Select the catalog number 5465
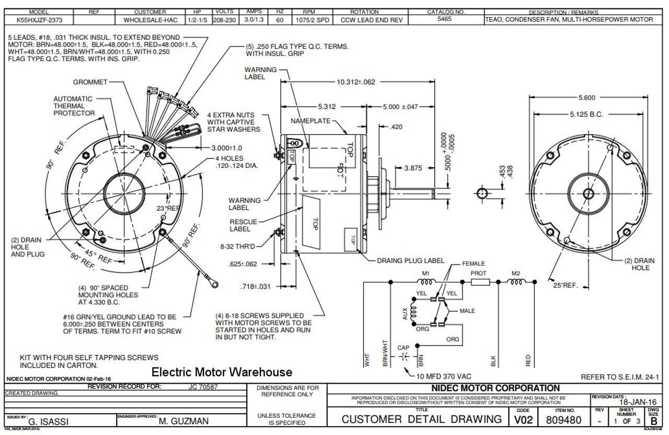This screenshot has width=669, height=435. (x=445, y=19)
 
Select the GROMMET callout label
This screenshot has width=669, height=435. (x=90, y=82)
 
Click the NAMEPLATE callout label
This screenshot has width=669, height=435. (x=310, y=121)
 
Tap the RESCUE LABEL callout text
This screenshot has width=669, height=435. (x=244, y=225)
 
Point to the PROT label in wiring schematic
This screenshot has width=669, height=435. (x=478, y=273)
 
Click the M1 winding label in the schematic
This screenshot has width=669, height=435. (x=426, y=273)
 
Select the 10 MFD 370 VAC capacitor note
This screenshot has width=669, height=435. (x=445, y=376)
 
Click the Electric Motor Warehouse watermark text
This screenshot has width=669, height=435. (x=222, y=372)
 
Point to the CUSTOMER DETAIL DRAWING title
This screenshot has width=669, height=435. (x=421, y=419)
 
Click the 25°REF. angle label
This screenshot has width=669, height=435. (x=566, y=285)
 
